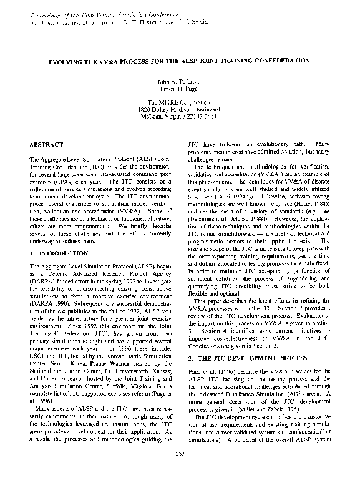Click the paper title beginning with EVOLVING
[180, 61]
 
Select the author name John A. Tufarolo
[180, 81]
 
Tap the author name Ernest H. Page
[180, 89]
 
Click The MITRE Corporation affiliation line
[180, 101]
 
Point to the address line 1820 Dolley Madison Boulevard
[180, 109]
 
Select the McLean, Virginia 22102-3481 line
[180, 116]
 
